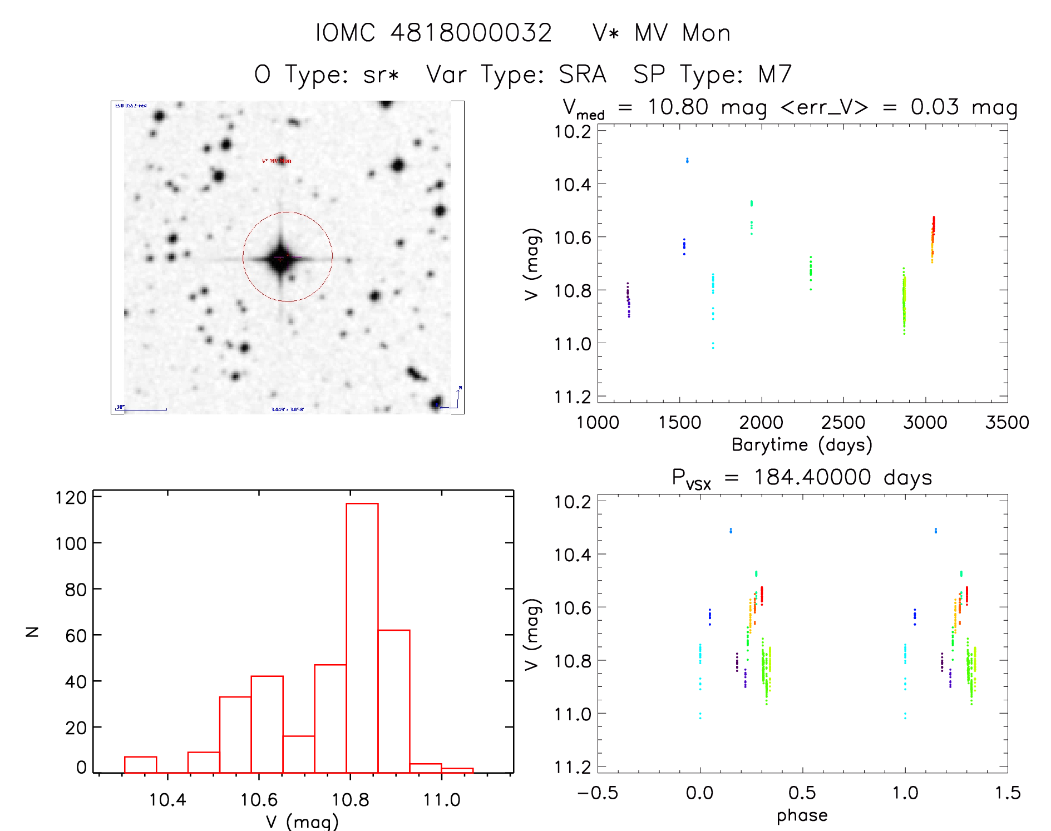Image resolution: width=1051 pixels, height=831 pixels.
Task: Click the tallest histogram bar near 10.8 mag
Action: coord(362,637)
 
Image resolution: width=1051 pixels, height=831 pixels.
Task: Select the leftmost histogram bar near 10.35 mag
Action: coord(140,764)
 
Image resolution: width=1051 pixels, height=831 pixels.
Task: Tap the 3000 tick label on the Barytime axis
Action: coord(925,423)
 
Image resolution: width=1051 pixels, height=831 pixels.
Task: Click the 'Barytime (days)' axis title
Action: coord(802,445)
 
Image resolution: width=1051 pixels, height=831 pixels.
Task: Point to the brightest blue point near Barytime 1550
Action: coord(687,160)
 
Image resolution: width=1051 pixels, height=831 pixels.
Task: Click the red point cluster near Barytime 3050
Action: coord(934,225)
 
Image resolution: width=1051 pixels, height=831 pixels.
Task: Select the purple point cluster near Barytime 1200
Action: coord(628,299)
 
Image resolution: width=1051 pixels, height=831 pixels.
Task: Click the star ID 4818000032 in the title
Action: coord(471,33)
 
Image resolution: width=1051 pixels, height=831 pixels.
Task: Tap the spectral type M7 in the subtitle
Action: coord(774,75)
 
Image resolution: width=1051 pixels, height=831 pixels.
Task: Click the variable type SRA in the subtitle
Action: coord(582,75)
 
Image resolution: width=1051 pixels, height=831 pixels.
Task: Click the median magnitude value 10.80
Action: coord(678,107)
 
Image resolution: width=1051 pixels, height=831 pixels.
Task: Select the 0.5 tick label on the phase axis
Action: coord(802,793)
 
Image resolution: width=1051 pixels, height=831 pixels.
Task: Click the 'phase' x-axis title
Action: coord(802,815)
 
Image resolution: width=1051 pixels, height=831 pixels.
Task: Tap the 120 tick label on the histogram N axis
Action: coord(71,497)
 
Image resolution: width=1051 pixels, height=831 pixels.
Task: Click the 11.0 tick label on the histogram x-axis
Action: coord(441,800)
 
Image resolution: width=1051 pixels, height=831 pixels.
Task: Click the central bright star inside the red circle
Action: coord(280,258)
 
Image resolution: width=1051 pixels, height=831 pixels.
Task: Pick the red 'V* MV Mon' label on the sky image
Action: coord(277,161)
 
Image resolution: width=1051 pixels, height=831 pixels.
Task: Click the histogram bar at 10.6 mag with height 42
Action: coord(267,724)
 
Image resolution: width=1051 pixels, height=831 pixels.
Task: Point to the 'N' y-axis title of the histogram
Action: coord(32,632)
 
